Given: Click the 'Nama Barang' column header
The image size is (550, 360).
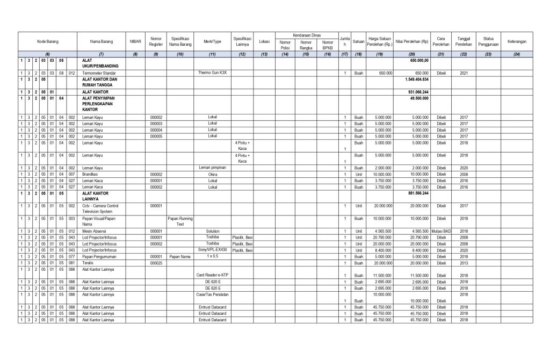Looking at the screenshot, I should click(100, 41).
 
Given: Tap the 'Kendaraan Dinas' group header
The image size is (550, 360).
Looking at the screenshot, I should click(306, 34).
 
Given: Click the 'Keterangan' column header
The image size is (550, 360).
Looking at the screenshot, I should click(516, 41).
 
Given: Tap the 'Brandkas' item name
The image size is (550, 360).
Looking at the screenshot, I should click(89, 174).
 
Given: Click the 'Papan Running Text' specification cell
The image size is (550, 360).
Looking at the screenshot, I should click(180, 221).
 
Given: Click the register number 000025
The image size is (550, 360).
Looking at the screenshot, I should click(156, 263).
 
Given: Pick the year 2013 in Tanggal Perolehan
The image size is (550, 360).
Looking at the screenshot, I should click(465, 263).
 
